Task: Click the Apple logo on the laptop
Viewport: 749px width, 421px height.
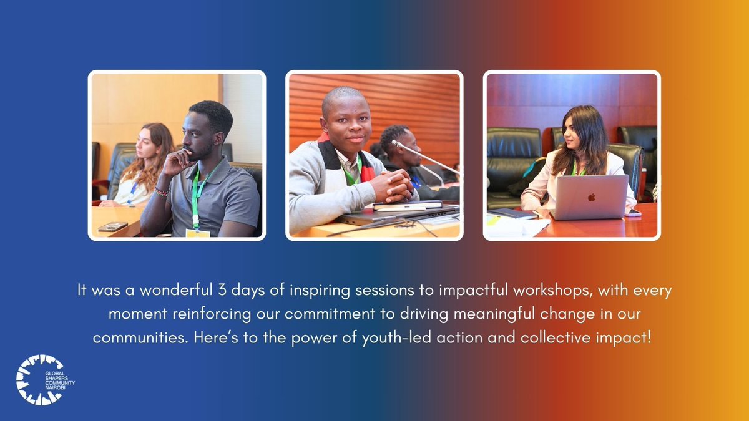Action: [x=590, y=197]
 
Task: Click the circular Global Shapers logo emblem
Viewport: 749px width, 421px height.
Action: [x=39, y=379]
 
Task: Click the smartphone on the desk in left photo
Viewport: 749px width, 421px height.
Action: [x=112, y=226]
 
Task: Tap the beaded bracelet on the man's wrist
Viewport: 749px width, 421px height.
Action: [x=162, y=192]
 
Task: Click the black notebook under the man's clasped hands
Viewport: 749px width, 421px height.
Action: [x=406, y=205]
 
